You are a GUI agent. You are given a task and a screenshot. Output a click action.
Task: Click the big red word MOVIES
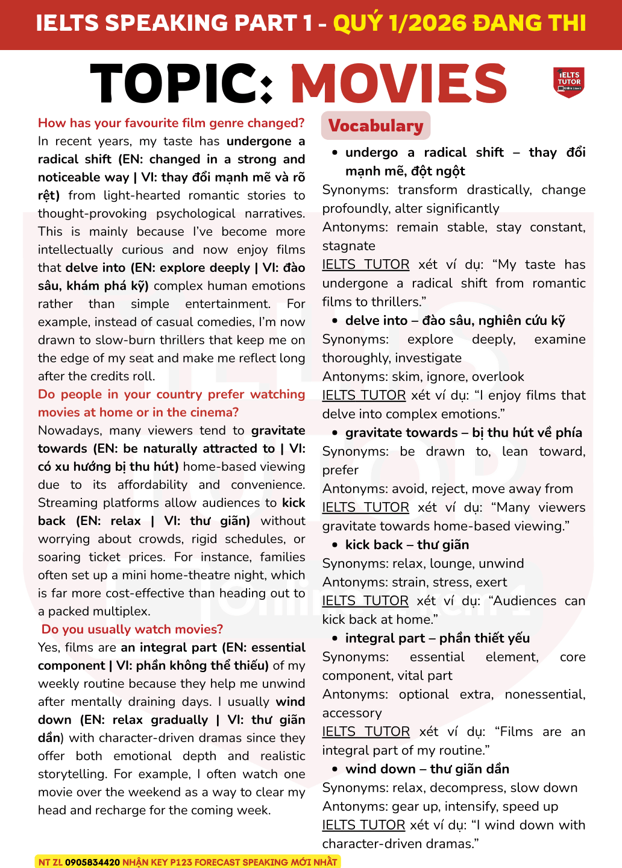click(x=399, y=83)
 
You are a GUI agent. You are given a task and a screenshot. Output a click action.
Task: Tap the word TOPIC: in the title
click(x=183, y=83)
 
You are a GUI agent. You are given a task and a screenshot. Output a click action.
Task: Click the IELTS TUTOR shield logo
click(x=568, y=82)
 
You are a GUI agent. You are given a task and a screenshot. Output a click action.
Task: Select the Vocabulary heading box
click(x=375, y=125)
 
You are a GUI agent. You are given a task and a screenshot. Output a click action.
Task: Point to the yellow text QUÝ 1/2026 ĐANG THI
click(x=459, y=23)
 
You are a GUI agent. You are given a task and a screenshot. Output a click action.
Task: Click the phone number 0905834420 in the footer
click(x=92, y=862)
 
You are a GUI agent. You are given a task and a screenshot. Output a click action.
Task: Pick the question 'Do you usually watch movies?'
click(x=132, y=629)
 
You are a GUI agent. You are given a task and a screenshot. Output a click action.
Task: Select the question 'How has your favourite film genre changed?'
click(x=171, y=123)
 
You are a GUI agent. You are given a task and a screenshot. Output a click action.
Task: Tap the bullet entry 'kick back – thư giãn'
click(x=407, y=545)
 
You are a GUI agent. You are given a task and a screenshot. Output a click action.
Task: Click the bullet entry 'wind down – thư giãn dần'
click(x=427, y=769)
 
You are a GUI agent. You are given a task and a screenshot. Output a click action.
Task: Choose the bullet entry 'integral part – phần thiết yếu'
click(x=437, y=638)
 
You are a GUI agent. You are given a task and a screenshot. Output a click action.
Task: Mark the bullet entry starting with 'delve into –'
click(x=455, y=321)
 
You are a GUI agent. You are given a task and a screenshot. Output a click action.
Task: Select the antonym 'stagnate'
click(x=348, y=246)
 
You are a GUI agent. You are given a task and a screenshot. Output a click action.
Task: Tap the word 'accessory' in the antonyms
click(x=352, y=713)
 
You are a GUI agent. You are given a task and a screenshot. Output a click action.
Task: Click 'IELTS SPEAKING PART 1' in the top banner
click(x=174, y=23)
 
